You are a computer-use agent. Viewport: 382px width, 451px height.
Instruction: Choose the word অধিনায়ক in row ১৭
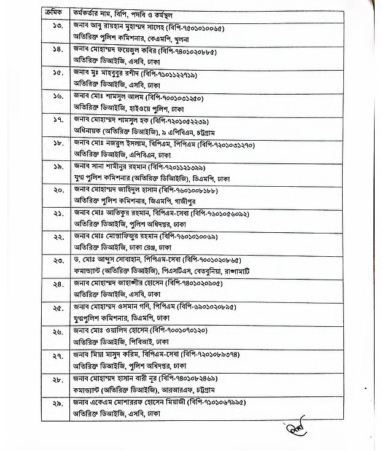tap(88, 131)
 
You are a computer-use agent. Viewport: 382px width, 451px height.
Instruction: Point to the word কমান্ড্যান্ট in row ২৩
tap(90, 271)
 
